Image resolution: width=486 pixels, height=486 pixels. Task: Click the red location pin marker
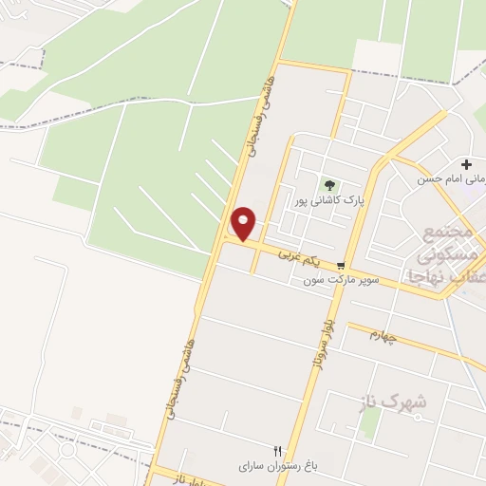[244, 223]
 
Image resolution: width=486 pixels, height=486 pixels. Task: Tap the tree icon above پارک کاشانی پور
[329, 184]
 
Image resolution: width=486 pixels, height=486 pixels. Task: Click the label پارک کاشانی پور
[329, 201]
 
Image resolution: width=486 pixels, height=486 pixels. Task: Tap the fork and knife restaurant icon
[278, 451]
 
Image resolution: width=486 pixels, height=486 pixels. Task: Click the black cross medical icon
[466, 164]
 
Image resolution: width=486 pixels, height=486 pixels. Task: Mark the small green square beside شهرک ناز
[367, 418]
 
